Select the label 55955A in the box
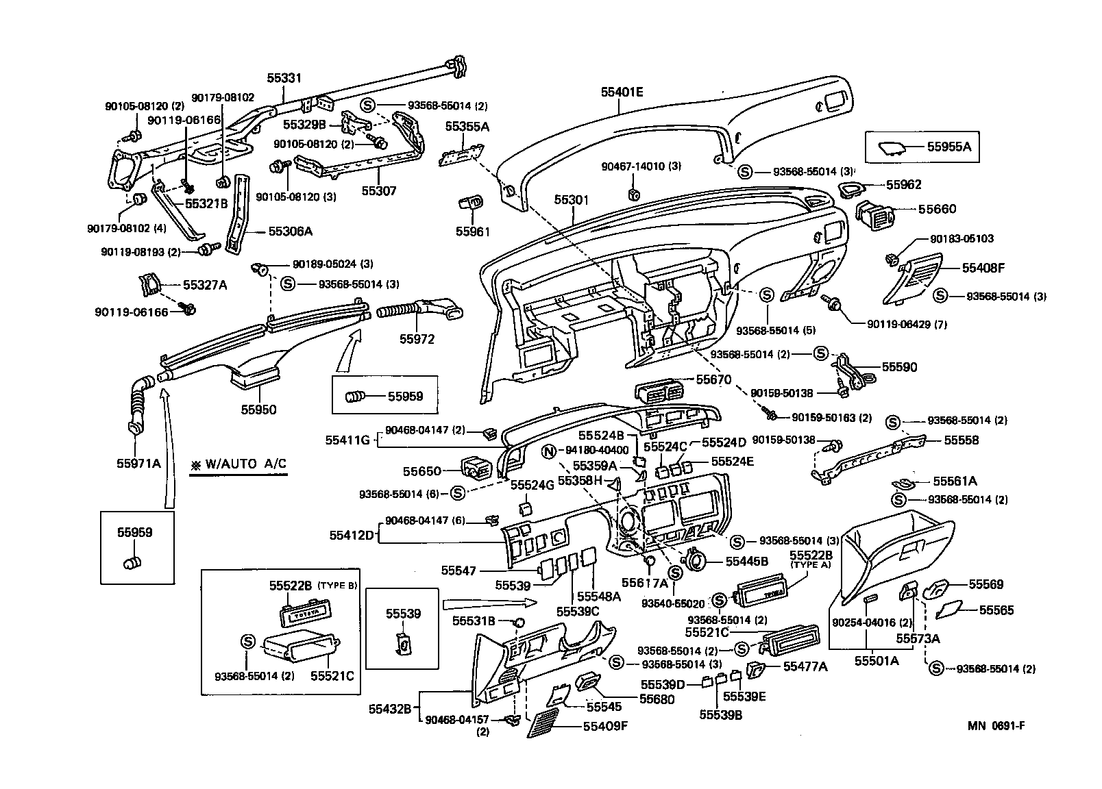coord(948,146)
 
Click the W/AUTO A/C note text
coord(238,464)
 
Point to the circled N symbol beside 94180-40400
coord(548,451)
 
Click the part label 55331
coord(284,79)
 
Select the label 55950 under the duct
coord(258,410)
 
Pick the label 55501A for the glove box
coord(876,661)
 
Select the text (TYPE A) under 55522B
coord(811,565)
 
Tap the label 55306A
coord(290,231)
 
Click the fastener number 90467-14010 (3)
coord(641,166)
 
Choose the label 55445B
coord(747,562)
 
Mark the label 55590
coord(899,367)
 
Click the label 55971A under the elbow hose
coord(138,463)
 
